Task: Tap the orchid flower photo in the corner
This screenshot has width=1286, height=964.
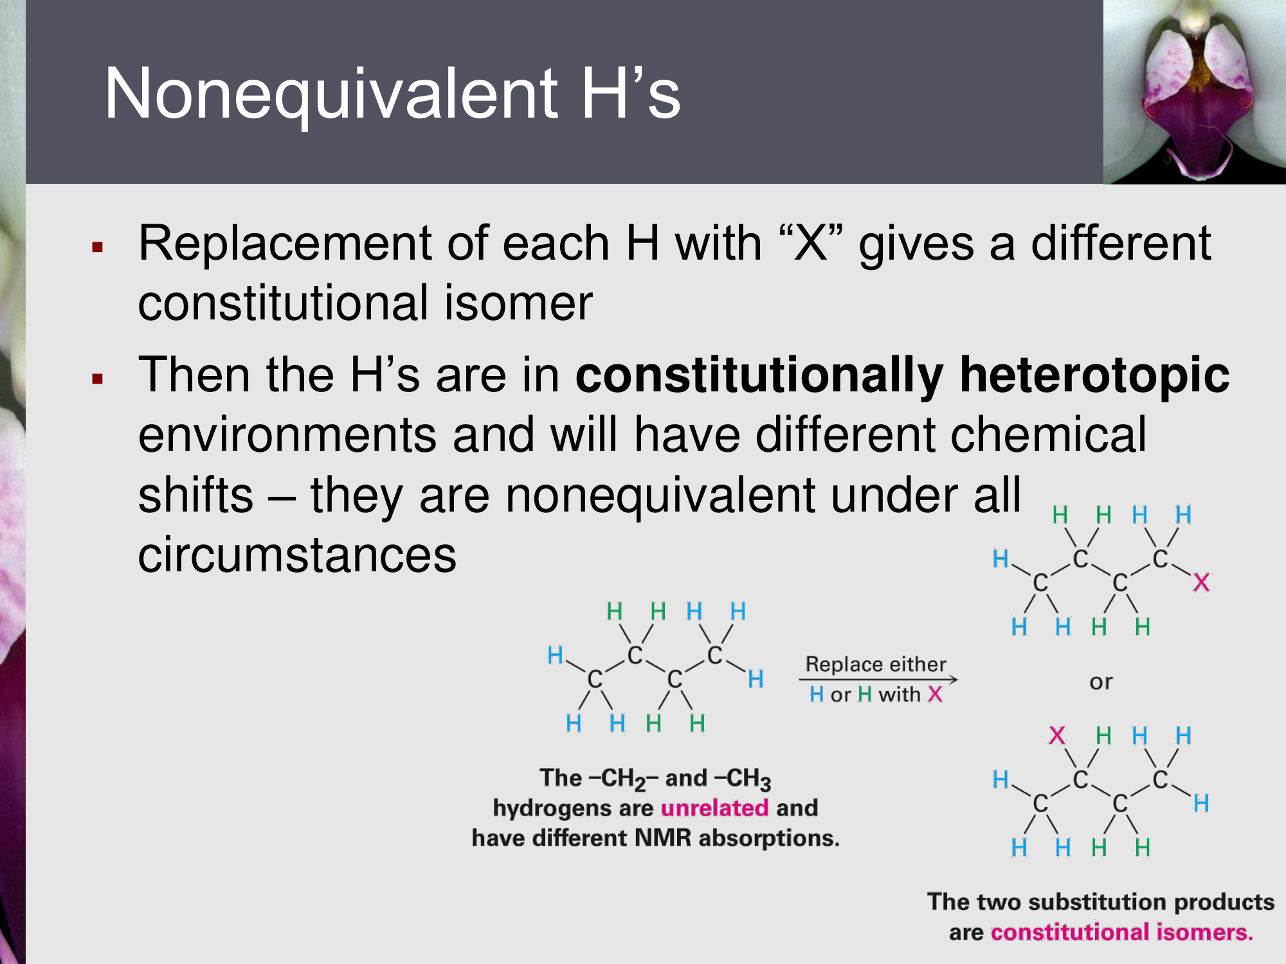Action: (1195, 92)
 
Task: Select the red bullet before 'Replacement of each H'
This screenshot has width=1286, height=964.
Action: (98, 247)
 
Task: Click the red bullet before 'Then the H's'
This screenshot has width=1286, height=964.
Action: (98, 379)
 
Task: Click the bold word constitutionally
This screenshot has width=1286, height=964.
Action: (759, 375)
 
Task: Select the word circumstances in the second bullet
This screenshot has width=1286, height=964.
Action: (297, 555)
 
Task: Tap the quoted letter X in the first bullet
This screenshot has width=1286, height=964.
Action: (811, 244)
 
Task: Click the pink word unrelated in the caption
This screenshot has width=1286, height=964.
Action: (714, 808)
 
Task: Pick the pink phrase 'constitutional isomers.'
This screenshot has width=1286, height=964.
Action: (1122, 932)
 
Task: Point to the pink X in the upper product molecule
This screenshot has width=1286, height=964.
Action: (1201, 583)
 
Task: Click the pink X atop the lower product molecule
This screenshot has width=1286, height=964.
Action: (1057, 735)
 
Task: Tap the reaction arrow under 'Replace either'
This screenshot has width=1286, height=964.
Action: (878, 679)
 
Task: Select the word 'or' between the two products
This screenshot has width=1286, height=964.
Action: (1101, 682)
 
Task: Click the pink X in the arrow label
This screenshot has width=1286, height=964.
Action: (935, 695)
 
